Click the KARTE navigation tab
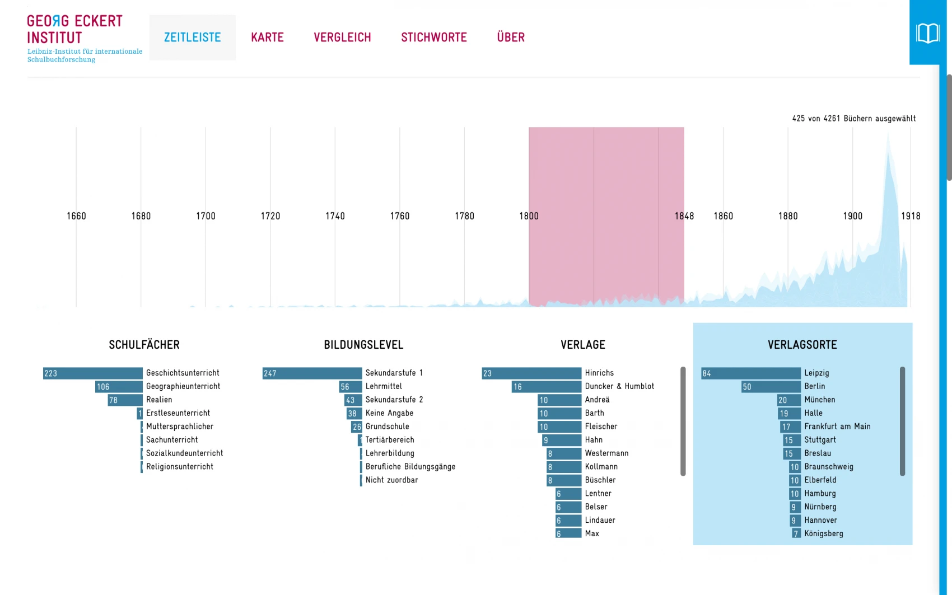[x=267, y=38]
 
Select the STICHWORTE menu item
[x=433, y=38]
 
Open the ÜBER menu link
[x=511, y=38]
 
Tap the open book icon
[x=927, y=33]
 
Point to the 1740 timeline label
[x=335, y=216]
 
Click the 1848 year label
[x=684, y=216]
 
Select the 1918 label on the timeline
[x=911, y=216]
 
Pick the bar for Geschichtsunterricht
[x=93, y=373]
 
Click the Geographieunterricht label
[x=183, y=386]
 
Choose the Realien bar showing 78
[x=125, y=400]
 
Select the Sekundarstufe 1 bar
[x=312, y=373]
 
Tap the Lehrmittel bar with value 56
[x=351, y=387]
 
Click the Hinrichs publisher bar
[x=531, y=373]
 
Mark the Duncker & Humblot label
[x=619, y=386]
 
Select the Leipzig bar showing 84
[x=751, y=373]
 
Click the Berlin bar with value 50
[x=771, y=387]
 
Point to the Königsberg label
[x=823, y=534]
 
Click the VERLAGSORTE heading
[x=802, y=345]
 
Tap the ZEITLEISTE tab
[x=192, y=38]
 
